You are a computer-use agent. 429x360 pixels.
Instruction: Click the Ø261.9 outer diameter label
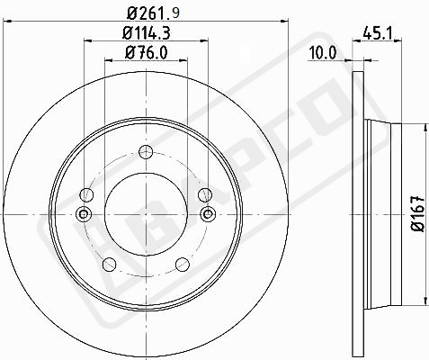pos(153,13)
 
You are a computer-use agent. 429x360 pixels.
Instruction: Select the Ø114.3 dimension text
pos(147,32)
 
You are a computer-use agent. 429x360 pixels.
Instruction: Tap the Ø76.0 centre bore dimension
pos(147,53)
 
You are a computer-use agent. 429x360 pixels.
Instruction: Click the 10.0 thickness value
pos(323,53)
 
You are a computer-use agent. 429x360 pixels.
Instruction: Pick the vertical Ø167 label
pos(418,214)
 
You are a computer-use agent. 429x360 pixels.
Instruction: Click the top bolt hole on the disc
pos(146,151)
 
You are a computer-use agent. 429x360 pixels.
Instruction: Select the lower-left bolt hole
pos(110,264)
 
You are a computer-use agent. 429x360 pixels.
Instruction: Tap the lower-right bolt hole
pos(183,264)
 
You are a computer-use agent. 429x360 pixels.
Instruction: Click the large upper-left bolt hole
pos(86,194)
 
